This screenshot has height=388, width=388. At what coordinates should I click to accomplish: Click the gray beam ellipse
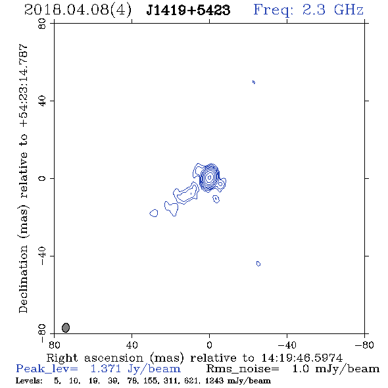tap(66, 327)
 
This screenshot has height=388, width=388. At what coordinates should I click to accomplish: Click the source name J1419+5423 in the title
tap(188, 10)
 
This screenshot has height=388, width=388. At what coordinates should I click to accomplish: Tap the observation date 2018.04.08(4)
tap(78, 11)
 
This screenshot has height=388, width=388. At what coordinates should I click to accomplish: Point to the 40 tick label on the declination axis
tap(42, 101)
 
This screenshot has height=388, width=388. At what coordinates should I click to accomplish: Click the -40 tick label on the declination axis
tap(42, 256)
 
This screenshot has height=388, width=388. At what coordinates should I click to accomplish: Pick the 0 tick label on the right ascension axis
tap(209, 345)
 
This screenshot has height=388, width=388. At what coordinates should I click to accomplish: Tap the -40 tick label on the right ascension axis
tap(287, 345)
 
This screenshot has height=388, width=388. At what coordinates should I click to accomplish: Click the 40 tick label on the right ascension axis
tap(132, 345)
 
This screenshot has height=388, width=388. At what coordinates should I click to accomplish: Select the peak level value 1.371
tap(106, 369)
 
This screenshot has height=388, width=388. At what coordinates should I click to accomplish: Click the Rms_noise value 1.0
tap(301, 369)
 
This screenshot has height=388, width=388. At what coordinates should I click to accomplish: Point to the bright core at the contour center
tap(210, 177)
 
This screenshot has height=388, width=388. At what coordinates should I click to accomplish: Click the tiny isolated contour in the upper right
tap(254, 82)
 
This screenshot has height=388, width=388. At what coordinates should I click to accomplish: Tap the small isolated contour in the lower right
tap(258, 264)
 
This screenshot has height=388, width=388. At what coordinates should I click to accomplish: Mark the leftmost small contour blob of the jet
tap(154, 213)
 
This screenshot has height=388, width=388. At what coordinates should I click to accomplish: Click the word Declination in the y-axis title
tap(23, 279)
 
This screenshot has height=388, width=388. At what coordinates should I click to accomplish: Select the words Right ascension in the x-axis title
tap(95, 358)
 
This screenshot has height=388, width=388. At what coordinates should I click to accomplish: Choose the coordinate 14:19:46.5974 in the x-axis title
tap(302, 358)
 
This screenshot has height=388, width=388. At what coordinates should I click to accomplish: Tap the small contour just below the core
tap(216, 199)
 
